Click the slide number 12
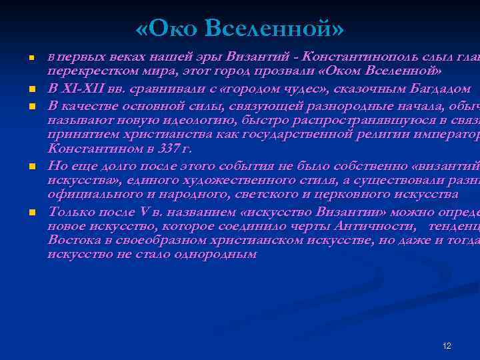coord(447,346)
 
